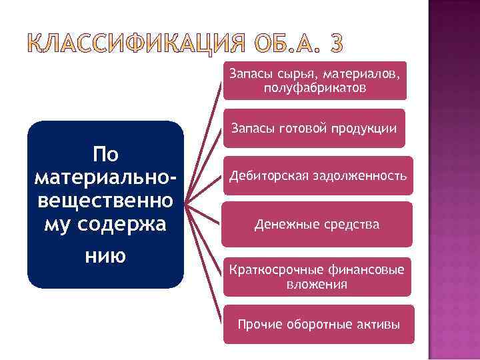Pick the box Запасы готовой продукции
click(x=314, y=128)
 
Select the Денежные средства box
click(x=317, y=225)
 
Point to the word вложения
click(x=317, y=285)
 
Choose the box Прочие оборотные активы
click(x=319, y=325)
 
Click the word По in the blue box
click(x=105, y=155)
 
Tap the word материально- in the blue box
click(x=105, y=178)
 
